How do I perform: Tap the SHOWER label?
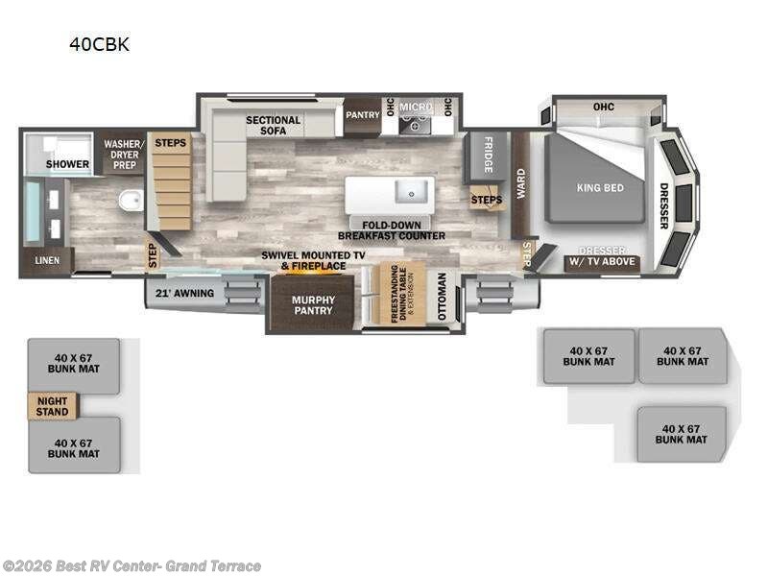click(68, 164)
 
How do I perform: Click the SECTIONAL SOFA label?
click(274, 126)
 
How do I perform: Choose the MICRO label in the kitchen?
click(416, 107)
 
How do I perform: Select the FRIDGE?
click(488, 156)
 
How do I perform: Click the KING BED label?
click(601, 188)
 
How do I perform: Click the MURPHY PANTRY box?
click(313, 304)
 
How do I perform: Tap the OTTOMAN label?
click(442, 298)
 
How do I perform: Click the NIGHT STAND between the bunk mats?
click(52, 406)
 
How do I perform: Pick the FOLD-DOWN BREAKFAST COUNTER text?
click(391, 229)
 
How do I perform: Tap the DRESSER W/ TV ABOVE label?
click(602, 256)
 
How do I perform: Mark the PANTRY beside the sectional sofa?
click(363, 115)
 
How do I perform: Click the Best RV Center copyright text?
click(132, 565)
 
